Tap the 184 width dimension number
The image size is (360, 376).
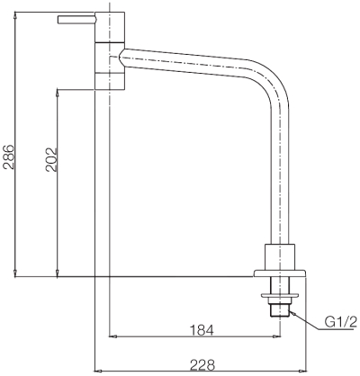click(x=202, y=330)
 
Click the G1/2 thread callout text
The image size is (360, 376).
click(x=339, y=322)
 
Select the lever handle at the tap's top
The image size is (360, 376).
click(x=77, y=19)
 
